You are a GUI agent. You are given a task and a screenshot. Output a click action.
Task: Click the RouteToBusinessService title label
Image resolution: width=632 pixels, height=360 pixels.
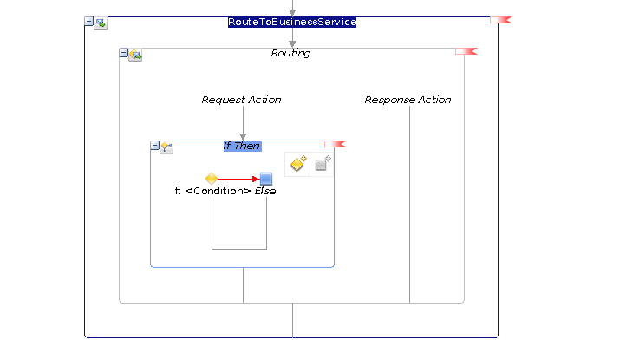(x=292, y=22)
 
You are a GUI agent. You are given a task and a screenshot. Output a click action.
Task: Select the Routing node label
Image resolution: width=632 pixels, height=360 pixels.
(x=290, y=53)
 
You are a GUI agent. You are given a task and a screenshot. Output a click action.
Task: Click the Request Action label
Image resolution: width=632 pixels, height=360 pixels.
(x=241, y=100)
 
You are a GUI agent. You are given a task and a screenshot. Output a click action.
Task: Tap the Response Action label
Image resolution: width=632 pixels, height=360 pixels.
(x=408, y=100)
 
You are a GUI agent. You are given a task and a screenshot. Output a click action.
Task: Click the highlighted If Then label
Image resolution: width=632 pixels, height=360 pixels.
(x=242, y=146)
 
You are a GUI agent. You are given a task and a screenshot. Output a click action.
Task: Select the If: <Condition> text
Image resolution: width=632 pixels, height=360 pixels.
(x=212, y=191)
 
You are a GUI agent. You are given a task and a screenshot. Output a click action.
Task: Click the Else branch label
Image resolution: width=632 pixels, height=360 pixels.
(x=265, y=191)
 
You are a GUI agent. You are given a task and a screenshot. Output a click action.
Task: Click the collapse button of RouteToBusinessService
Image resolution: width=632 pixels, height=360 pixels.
(x=88, y=22)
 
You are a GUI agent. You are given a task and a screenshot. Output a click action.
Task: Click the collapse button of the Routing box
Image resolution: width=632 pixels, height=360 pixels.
(x=123, y=53)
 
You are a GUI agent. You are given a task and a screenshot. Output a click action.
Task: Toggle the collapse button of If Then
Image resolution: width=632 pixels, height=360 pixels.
(x=154, y=146)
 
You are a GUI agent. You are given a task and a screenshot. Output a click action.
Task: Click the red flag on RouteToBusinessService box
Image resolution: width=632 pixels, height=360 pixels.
(x=500, y=20)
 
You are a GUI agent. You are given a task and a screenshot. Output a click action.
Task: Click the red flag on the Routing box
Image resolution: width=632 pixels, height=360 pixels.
(x=466, y=51)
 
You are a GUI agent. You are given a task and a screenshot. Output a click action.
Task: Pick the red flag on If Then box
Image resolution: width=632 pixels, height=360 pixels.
(x=336, y=144)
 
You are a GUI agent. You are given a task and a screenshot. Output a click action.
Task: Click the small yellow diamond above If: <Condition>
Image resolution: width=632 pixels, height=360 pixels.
(x=212, y=178)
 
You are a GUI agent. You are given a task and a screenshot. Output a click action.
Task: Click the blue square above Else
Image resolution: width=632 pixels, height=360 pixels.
(x=266, y=179)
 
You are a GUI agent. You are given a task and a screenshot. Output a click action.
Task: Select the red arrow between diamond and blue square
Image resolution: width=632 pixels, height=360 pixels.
(x=238, y=179)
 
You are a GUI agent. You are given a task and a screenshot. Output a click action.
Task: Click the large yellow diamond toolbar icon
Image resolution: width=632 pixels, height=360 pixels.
(x=298, y=164)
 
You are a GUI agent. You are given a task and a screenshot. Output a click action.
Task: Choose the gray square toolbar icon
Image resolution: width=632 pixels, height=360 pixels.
(x=323, y=164)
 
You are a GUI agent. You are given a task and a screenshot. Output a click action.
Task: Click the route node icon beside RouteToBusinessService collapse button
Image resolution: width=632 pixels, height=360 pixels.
(x=101, y=23)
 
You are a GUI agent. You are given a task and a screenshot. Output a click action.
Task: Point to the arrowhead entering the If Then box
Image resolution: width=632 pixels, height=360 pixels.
(x=243, y=137)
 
